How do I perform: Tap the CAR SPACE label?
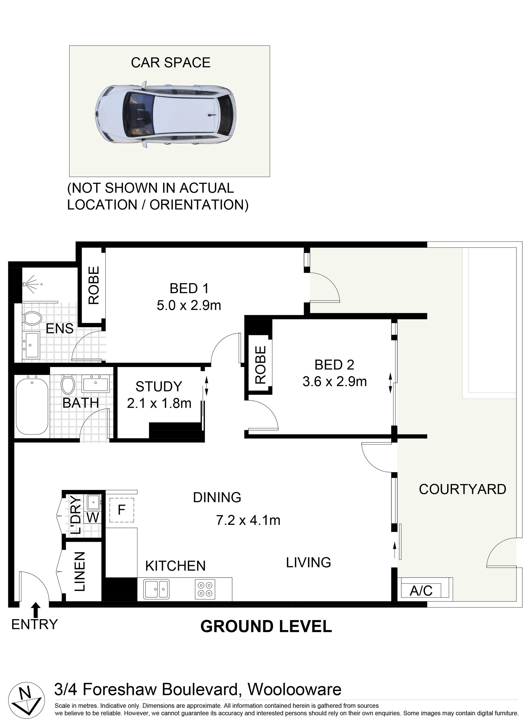point(171,62)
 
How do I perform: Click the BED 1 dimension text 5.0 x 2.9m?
point(189,305)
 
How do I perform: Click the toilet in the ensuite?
point(32,319)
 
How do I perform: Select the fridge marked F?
point(121,510)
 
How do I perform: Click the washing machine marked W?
point(93,518)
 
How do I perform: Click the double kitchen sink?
point(157,590)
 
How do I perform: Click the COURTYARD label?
point(462,489)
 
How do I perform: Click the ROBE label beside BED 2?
point(260,364)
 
